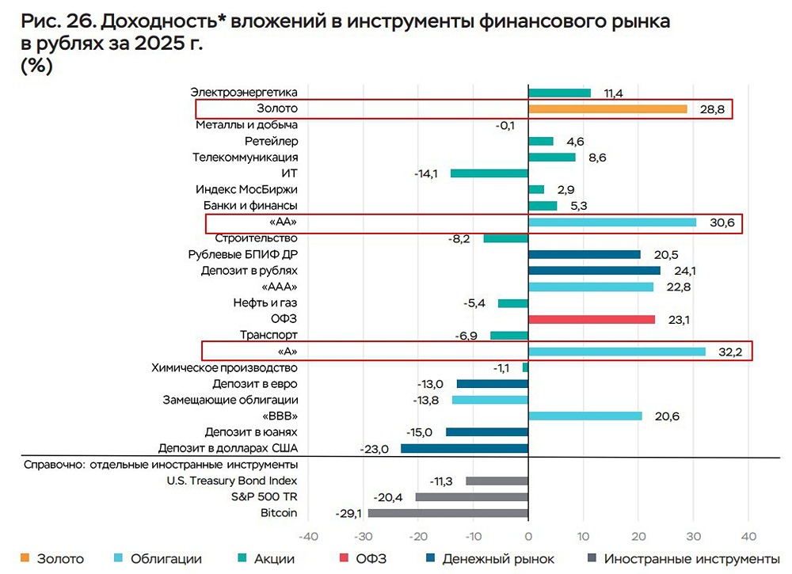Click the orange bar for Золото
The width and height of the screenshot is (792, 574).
607,109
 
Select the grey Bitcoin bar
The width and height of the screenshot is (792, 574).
447,513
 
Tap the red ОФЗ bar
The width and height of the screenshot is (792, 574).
592,319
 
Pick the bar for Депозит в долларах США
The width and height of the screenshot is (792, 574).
464,449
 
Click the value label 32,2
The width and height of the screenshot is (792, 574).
729,352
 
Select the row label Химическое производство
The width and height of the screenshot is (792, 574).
224,368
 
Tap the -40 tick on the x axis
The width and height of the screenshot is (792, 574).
308,534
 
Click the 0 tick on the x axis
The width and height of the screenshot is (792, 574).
528,534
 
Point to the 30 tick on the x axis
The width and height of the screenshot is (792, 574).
693,534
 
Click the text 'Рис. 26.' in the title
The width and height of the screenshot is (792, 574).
52,22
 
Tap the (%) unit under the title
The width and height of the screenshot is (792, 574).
38,67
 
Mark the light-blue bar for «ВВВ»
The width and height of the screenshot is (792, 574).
584,416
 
